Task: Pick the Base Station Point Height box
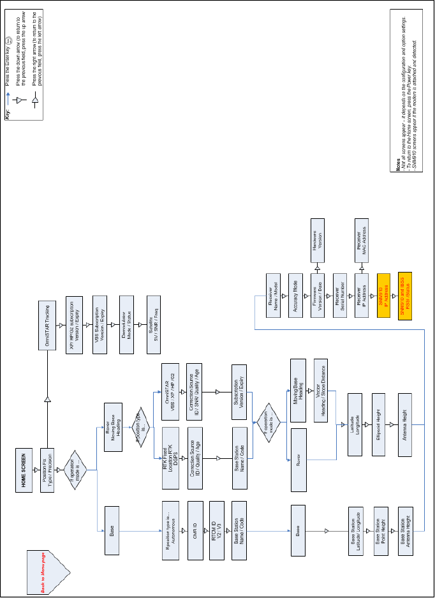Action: [381, 530]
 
